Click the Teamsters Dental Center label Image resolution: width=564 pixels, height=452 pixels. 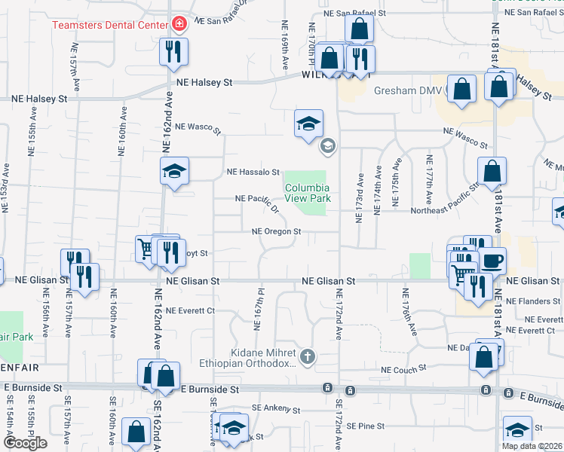tap(109, 25)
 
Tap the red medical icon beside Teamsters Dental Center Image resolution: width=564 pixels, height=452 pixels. tap(179, 25)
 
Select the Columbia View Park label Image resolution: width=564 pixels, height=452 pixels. tap(307, 192)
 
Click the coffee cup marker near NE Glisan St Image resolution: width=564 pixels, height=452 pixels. tap(492, 262)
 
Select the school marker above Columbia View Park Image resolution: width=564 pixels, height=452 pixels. tap(308, 124)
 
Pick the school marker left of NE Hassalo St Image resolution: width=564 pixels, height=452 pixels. tap(174, 173)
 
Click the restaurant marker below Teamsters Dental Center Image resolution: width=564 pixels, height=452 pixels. tap(174, 52)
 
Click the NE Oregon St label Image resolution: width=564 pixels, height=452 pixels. tap(276, 232)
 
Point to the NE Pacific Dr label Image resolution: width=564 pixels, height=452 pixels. tap(257, 198)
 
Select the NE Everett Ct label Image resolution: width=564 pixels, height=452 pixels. tap(191, 310)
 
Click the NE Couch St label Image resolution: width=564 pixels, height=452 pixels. tap(403, 370)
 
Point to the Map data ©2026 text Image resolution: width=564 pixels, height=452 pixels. tap(532, 446)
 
